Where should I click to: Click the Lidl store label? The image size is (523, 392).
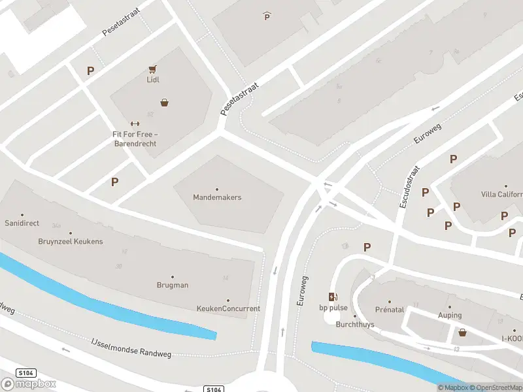(x=153, y=80)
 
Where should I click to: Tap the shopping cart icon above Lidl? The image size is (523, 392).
(x=153, y=69)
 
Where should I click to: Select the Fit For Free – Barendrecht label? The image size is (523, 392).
(x=135, y=139)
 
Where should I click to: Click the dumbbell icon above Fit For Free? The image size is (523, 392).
(x=135, y=123)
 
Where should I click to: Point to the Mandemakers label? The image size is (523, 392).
(x=217, y=197)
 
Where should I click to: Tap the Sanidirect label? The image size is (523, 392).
(x=22, y=223)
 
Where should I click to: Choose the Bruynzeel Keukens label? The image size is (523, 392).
(x=71, y=241)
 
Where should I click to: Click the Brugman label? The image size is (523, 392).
(x=173, y=285)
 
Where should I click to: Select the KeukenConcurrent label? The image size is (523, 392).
(x=228, y=308)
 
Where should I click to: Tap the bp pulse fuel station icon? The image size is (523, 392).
(x=333, y=297)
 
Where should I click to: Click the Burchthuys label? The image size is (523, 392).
(x=354, y=324)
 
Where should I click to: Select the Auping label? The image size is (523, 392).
(x=450, y=314)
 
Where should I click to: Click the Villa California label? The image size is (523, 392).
(x=501, y=194)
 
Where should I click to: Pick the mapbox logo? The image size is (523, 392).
(x=28, y=384)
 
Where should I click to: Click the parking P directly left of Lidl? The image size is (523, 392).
(x=90, y=71)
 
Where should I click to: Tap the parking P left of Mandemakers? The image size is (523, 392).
(x=115, y=182)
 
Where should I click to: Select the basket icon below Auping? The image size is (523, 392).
(x=463, y=333)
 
